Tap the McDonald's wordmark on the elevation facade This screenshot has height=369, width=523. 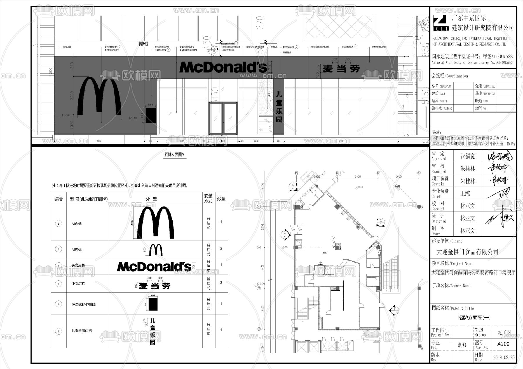pos(223,67)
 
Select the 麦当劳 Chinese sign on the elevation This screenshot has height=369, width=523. pos(341,69)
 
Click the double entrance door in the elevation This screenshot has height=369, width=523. pos(223,118)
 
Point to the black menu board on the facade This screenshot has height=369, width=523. pos(151,115)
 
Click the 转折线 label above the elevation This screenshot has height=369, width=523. pos(143,44)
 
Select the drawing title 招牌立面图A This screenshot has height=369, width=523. pos(174,155)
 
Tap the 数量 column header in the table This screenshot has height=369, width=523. pos(221,199)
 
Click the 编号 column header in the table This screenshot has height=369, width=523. pos(59,199)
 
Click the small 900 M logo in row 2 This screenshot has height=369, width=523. pos(156,249)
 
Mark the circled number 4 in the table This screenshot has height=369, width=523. pos(58,283)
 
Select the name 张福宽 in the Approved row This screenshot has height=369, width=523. pos(468,156)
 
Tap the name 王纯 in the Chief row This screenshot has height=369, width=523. pos(465,193)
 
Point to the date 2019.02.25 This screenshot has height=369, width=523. pos(504,357)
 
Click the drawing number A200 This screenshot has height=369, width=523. pos(503,344)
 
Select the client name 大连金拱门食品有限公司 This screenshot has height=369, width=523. pos(467,252)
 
